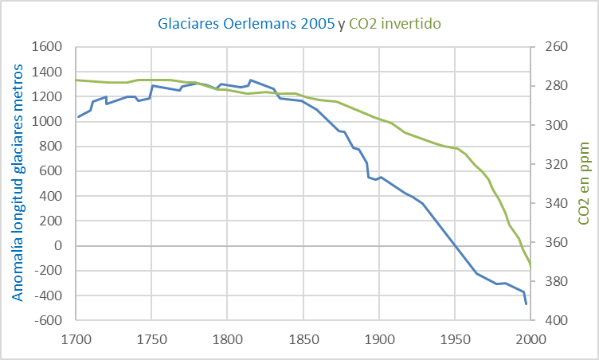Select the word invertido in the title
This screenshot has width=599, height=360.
tap(412, 25)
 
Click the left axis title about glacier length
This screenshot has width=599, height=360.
tap(17, 183)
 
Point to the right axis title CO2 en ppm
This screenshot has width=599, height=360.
tap(584, 183)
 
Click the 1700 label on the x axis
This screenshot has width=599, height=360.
tap(76, 338)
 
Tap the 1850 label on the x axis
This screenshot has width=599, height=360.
tap(303, 338)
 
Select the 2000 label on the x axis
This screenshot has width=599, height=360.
tap(530, 338)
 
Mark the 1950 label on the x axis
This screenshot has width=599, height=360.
tap(455, 338)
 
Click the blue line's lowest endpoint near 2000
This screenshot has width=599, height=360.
tap(527, 303)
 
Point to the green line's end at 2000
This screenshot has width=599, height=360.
tap(530, 267)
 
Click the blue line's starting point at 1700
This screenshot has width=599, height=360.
tap(77, 117)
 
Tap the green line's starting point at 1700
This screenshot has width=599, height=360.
tap(76, 80)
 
